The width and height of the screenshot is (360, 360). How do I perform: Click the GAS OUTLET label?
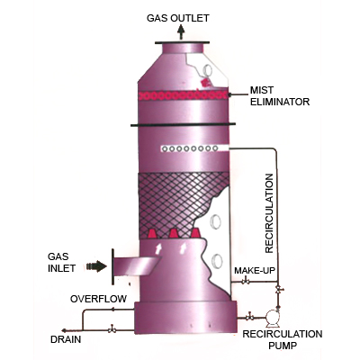(177, 18)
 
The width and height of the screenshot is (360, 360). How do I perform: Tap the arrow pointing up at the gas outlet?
(181, 32)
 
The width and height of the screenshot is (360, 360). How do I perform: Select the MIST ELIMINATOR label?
(280, 96)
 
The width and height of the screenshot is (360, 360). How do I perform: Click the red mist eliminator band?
(183, 95)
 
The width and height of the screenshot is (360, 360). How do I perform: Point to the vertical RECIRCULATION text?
(269, 213)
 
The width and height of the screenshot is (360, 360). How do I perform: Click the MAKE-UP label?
(255, 271)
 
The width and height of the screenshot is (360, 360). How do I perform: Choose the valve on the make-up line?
(246, 281)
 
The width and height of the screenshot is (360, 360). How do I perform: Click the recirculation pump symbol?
(273, 318)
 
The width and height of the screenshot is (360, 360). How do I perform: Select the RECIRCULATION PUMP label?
(283, 339)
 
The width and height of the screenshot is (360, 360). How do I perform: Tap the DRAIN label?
(66, 339)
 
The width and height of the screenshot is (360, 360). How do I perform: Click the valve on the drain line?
(112, 329)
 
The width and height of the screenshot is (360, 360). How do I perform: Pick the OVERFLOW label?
(98, 299)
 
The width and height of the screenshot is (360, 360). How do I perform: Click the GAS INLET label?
(61, 262)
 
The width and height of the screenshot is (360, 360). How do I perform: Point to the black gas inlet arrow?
(96, 266)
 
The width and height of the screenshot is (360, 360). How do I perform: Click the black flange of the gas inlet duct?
(112, 266)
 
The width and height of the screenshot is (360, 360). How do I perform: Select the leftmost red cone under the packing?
(153, 234)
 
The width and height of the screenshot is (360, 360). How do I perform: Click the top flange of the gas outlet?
(182, 42)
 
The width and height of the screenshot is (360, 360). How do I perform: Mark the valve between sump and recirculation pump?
(248, 317)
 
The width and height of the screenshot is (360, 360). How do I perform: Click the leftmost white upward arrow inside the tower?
(158, 248)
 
